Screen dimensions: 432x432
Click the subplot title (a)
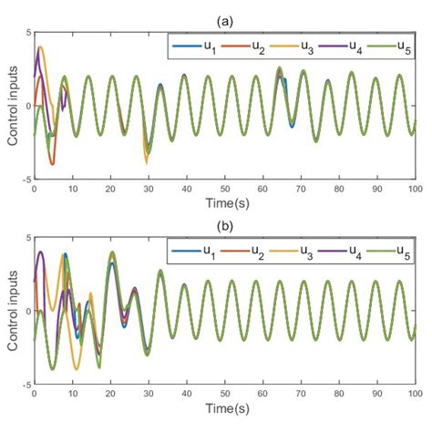tap(224, 19)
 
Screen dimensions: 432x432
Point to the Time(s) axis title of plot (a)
tap(224, 203)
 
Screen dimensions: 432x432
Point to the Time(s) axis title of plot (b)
tap(224, 409)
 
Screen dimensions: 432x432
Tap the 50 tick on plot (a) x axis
tap(224, 190)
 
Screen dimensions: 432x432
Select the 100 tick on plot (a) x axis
tap(415, 190)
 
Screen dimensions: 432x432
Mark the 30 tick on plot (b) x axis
tap(148, 396)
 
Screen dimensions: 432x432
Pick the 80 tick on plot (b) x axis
tap(338, 396)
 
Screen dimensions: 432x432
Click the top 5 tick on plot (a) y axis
tap(27, 32)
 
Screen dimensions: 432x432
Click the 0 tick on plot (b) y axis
tap(27, 312)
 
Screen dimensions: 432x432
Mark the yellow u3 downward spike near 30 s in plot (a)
tap(147, 162)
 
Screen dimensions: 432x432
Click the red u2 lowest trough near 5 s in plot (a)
tap(52, 164)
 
